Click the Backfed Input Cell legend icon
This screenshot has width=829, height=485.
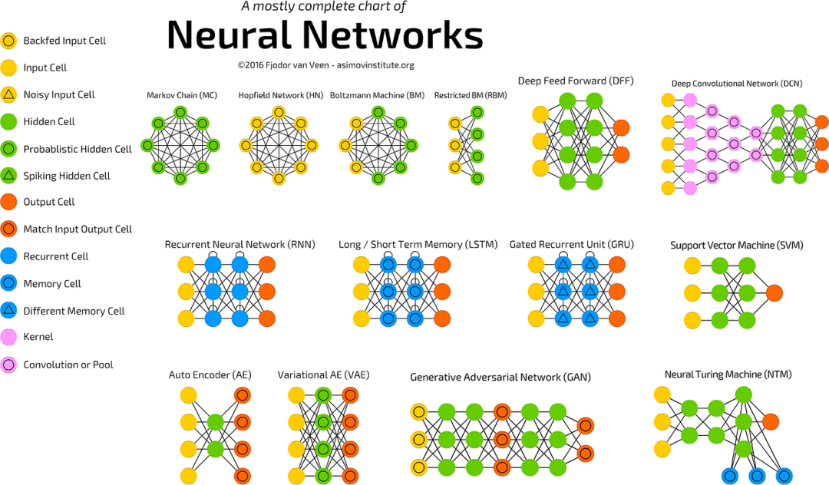8,41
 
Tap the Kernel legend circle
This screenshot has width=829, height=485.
8,337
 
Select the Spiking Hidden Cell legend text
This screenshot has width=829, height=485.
67,176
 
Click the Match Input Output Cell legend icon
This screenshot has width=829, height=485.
8,229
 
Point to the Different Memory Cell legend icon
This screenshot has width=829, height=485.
8,310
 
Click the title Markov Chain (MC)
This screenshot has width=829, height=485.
182,95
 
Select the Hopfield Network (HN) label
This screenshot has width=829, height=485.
280,95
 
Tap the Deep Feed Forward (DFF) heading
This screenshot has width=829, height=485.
575,81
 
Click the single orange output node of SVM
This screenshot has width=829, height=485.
774,292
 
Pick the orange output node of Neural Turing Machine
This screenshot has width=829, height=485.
771,421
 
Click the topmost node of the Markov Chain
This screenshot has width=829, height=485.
180,113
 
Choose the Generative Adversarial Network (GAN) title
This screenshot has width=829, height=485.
500,378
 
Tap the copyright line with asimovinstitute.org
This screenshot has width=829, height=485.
325,65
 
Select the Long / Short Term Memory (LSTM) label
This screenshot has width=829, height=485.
418,245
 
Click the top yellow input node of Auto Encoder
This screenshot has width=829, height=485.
188,395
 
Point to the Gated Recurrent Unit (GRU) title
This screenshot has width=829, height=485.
572,245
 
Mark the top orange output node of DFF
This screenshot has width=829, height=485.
621,128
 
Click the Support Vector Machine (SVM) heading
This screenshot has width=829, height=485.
736,245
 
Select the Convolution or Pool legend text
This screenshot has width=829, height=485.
68,365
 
